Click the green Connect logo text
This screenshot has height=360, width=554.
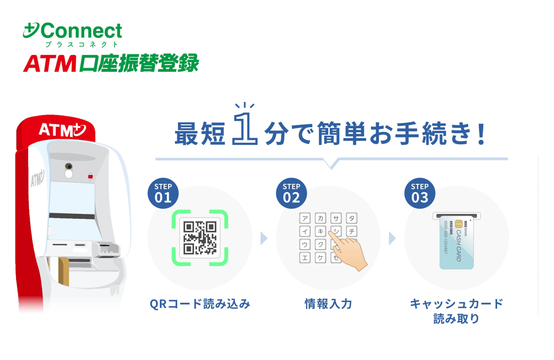81,31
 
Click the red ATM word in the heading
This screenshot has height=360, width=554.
50,64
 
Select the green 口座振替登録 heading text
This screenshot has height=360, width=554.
139,63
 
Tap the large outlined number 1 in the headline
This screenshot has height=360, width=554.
244,128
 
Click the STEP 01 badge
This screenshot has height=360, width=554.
163,193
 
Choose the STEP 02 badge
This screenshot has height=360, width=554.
291,193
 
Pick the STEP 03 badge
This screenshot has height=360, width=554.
420,193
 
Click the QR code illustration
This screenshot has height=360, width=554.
200,238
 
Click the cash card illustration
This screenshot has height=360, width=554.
457,242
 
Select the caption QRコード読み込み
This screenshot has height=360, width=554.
200,304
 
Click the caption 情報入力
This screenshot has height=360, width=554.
328,304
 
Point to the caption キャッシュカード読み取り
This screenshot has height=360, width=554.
457,311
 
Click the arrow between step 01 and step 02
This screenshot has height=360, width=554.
264,238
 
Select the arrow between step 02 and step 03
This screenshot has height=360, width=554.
392,238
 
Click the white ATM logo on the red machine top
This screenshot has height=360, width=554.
62,130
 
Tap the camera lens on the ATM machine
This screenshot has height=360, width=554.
69,166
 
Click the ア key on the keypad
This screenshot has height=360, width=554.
305,218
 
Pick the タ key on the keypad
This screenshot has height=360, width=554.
352,218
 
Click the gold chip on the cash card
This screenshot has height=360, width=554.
459,224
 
